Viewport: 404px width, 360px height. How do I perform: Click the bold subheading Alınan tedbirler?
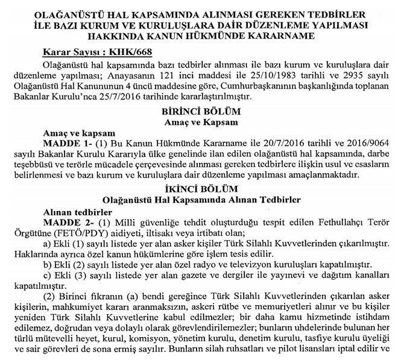pos(78,212)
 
